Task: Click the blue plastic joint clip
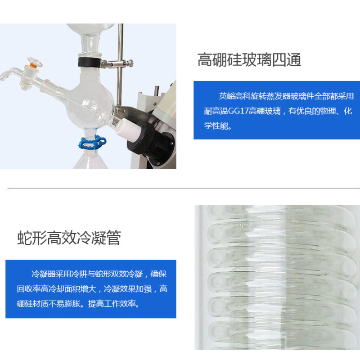(92, 143)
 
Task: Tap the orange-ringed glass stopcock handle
(35, 62)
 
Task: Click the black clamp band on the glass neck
(89, 62)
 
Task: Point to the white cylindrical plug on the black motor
(127, 129)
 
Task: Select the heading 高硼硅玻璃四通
(249, 60)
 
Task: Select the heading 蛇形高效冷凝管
(69, 238)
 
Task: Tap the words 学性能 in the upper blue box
(216, 126)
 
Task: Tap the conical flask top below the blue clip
(90, 160)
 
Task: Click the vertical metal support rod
(120, 64)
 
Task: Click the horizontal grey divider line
(184, 188)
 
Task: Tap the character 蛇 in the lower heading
(25, 238)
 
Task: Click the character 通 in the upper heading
(294, 60)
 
